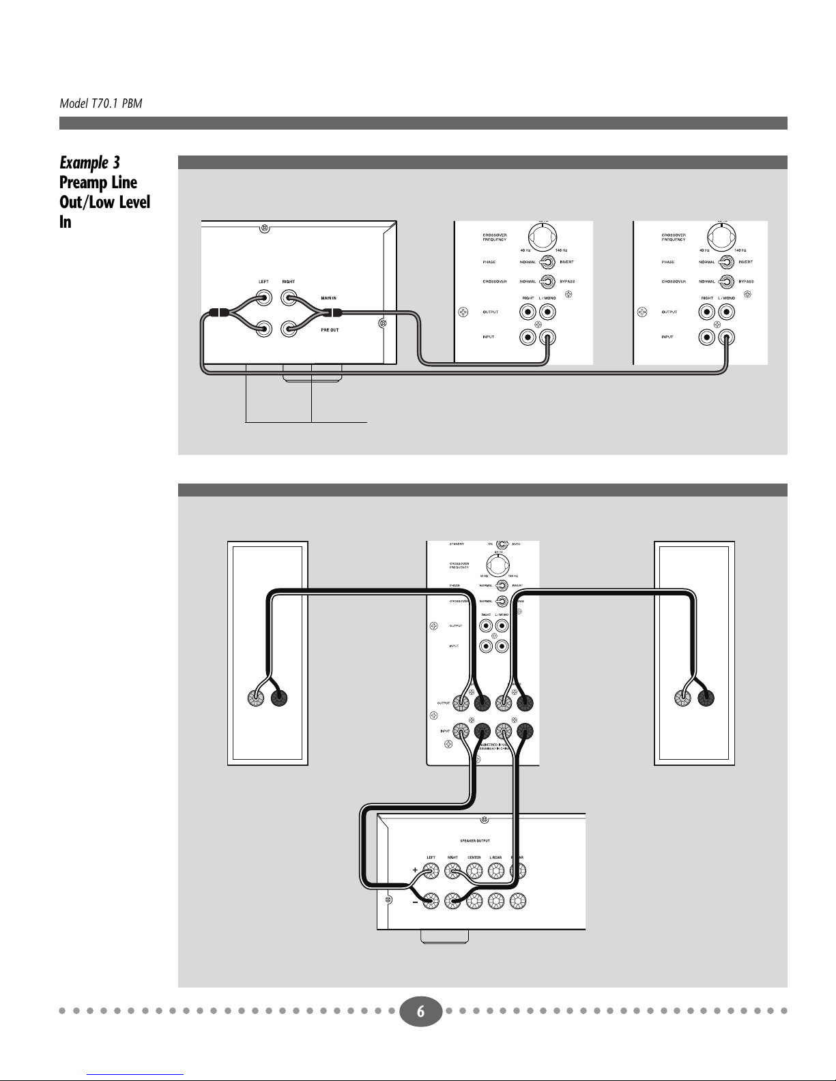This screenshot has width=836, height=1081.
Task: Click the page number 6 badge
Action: tap(420, 1012)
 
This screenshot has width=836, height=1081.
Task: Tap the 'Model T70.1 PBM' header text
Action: tap(100, 104)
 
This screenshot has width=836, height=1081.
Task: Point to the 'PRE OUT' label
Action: tap(330, 330)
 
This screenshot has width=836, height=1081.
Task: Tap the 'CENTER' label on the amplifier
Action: tap(474, 858)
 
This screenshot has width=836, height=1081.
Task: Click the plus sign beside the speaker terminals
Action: tap(415, 870)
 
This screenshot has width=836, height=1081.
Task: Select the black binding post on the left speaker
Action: tap(280, 698)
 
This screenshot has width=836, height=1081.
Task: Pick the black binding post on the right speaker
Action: tap(706, 698)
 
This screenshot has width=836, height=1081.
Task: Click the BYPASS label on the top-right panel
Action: tap(747, 282)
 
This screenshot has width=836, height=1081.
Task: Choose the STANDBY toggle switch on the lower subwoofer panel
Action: tap(502, 544)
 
